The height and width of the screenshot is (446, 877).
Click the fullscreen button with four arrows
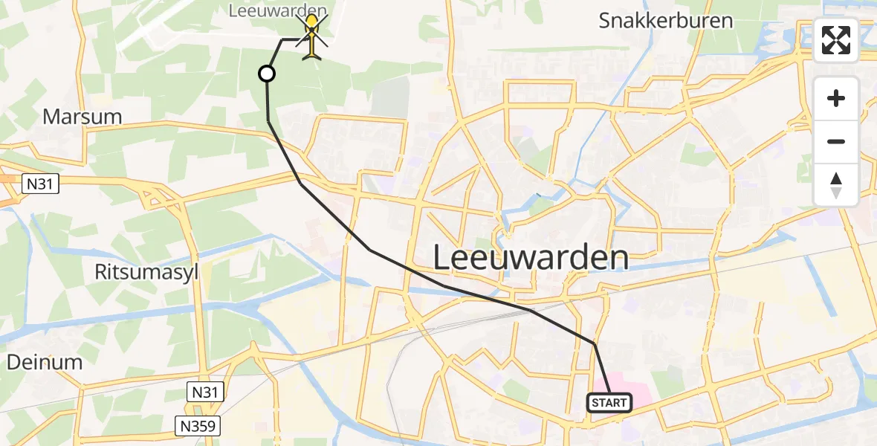pos(836,40)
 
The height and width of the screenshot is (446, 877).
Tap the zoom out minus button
pos(836,141)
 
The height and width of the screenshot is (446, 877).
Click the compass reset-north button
pos(836,185)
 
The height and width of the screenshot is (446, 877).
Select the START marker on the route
pos(609,403)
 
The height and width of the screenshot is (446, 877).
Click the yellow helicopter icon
pos(312,37)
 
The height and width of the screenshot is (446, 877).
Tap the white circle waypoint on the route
pos(266,73)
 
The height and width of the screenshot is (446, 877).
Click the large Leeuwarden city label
pos(531,259)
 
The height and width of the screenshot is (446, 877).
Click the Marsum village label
pos(82,117)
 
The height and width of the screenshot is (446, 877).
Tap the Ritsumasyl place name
pos(146,272)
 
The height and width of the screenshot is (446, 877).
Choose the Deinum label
pos(45,362)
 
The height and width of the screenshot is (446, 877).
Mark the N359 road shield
pos(198,426)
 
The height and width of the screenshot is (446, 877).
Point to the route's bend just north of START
pos(594,343)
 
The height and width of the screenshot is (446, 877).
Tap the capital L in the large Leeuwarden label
pos(443,259)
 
